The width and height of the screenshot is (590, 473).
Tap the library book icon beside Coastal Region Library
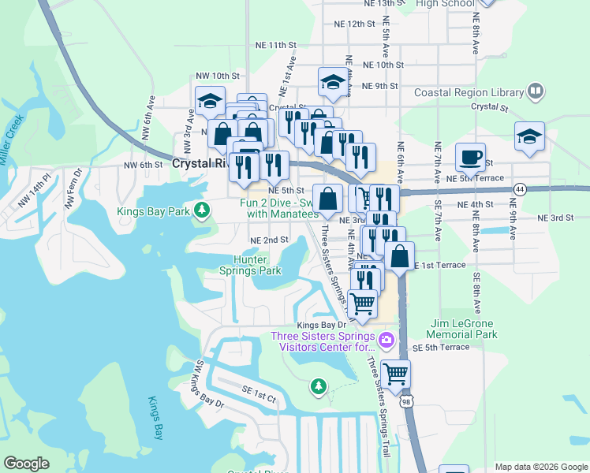coord(536,91)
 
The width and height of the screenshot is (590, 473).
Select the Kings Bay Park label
coord(155,210)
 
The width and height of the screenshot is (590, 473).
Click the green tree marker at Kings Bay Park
coord(203,210)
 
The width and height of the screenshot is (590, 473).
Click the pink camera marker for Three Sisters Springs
coord(386,341)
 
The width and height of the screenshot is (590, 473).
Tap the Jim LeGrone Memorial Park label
coord(475,329)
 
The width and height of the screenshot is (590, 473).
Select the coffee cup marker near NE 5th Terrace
coord(470,157)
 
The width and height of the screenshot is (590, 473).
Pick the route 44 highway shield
coord(519,189)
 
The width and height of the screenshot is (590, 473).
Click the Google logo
coord(27,464)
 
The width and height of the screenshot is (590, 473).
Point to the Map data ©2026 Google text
coord(540,466)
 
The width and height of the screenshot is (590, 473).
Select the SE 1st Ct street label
coord(260,400)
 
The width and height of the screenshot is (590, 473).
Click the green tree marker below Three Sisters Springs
coord(318,386)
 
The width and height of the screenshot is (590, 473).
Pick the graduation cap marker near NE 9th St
coord(333,83)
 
